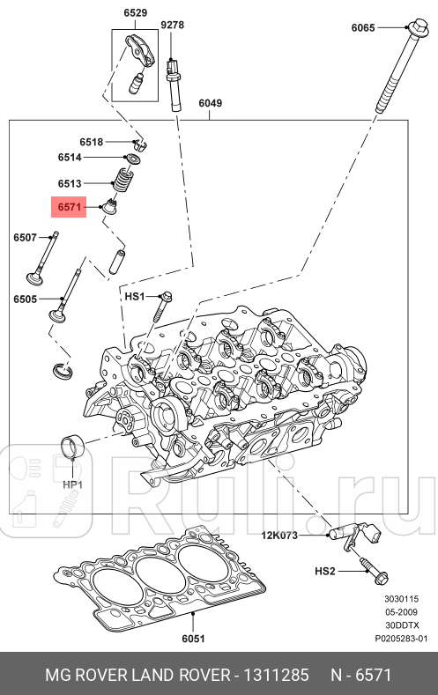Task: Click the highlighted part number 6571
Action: tap(69, 208)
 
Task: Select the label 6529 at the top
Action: tap(134, 13)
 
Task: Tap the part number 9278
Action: tap(172, 25)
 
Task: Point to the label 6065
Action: tap(363, 28)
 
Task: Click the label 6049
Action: tap(210, 103)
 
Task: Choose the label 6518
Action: tap(92, 142)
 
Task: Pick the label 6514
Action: tap(70, 158)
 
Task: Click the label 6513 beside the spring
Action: tap(70, 183)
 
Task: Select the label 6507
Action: tap(25, 238)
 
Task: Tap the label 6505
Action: tap(25, 299)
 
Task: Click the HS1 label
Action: tap(134, 297)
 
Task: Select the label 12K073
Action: tap(278, 536)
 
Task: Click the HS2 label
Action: tap(325, 572)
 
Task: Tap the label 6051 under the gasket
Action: tap(193, 639)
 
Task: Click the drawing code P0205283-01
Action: tap(402, 638)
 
